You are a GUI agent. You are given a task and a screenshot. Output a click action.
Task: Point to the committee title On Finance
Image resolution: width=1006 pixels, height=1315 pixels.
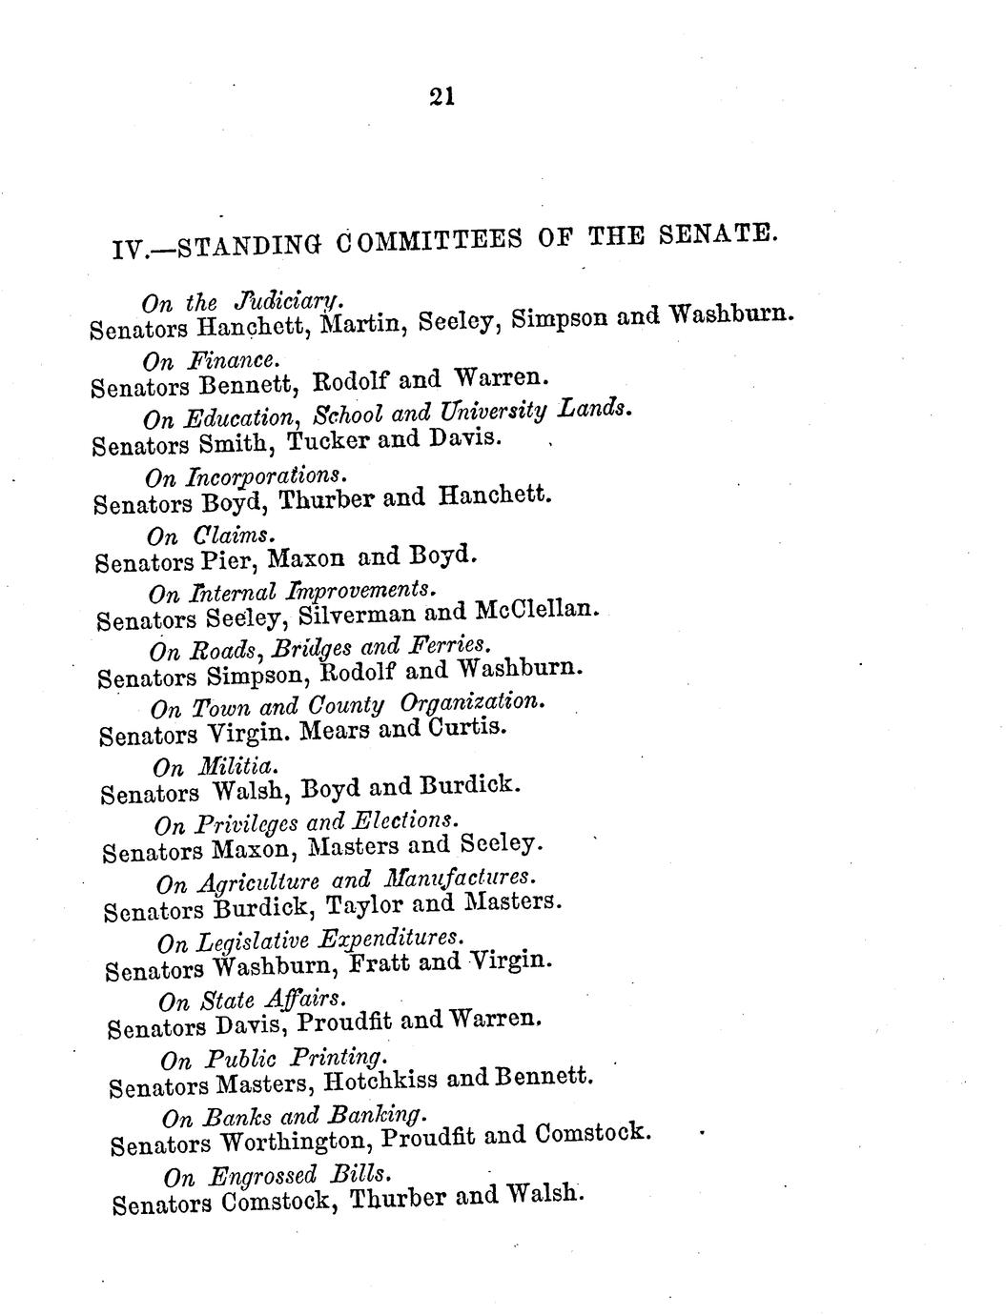212,360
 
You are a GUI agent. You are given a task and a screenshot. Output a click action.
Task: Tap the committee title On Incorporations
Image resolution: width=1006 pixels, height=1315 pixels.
243,475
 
